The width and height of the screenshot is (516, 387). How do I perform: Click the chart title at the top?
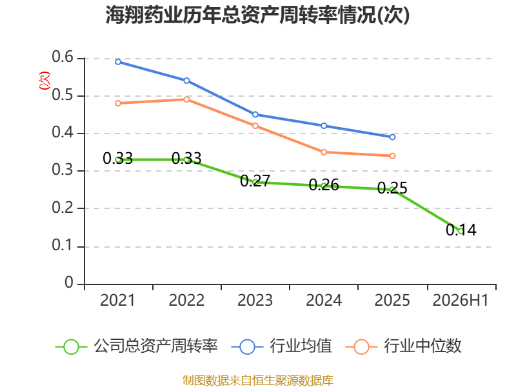pos(257,15)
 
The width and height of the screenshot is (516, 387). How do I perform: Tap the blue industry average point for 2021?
pos(118,62)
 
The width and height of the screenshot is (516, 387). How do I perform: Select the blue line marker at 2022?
pos(186,81)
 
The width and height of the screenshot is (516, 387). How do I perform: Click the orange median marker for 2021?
pos(118,103)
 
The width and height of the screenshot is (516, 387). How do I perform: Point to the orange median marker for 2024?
pos(324,152)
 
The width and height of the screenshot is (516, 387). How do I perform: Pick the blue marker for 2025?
pos(392,137)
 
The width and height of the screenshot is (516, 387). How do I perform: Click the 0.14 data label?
pos(461,230)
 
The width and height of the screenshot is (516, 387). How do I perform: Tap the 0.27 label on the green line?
pos(255,181)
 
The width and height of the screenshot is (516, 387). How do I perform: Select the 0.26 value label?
pos(324,185)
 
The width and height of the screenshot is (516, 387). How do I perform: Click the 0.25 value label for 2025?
pos(392,188)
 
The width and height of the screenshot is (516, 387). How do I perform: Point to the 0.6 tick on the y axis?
pos(63,57)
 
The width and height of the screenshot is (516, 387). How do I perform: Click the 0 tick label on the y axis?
pos(69,283)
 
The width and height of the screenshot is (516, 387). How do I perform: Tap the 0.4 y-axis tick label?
pos(63,132)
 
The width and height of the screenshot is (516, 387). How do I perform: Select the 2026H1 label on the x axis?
pos(461,301)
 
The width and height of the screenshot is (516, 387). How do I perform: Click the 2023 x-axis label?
pos(255,301)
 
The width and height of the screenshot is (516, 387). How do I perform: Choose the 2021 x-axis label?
pos(118,301)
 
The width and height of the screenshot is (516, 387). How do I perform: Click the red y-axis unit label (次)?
pos(45,81)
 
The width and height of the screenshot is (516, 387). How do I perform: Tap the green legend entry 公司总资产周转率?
pos(137,346)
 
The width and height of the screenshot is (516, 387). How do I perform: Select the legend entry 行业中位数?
pos(404,346)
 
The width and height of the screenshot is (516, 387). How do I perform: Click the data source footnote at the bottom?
pos(258,381)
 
